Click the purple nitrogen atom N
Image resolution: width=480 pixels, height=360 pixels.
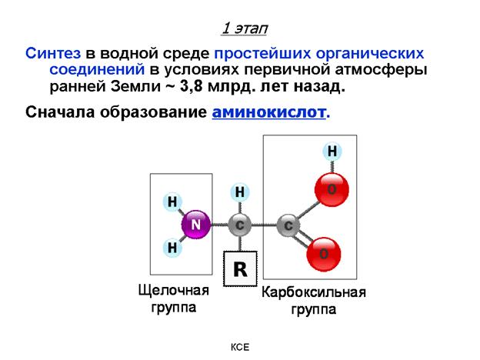195,225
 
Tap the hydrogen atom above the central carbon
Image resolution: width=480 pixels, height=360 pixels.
240,192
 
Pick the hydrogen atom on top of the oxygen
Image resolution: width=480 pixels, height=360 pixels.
332,152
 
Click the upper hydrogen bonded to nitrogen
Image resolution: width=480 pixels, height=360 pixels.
172,202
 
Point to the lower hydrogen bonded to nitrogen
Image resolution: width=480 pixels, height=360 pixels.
172,248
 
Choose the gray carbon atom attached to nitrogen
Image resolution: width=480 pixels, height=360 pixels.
240,226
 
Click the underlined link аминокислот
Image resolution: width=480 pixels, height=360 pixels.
269,113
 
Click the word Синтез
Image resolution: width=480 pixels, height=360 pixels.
53,54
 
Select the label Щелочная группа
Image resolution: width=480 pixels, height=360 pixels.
173,298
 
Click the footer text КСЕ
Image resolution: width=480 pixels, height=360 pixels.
241,348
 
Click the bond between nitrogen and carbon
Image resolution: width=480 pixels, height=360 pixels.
218,226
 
